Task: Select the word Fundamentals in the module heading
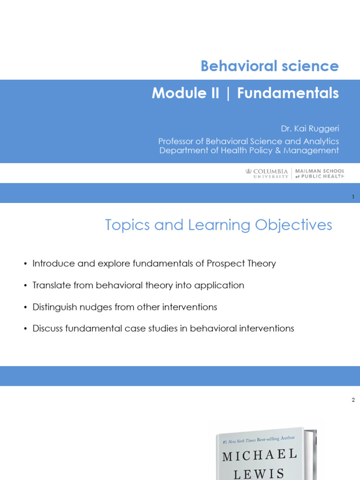click(288, 93)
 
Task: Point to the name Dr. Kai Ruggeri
click(309, 128)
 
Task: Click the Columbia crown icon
click(248, 171)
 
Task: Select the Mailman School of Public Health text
click(320, 173)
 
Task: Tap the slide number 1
click(353, 197)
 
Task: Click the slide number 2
click(353, 400)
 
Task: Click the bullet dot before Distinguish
click(25, 307)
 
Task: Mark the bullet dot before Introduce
click(25, 264)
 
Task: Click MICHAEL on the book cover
click(260, 455)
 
